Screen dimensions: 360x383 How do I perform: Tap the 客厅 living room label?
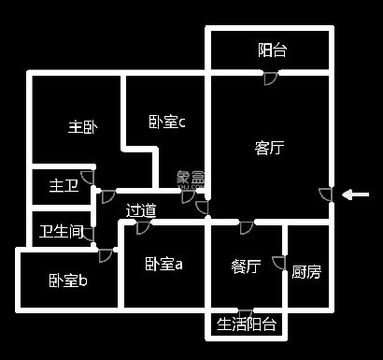click(269, 147)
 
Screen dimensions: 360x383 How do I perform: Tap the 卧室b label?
click(68, 281)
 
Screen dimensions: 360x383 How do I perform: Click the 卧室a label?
click(163, 265)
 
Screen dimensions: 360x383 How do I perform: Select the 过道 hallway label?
click(141, 210)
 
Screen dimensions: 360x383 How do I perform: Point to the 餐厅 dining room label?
click(246, 266)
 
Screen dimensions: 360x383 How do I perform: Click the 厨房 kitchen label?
click(306, 272)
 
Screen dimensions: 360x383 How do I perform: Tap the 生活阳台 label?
click(247, 324)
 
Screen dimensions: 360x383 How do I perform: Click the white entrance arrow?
click(355, 194)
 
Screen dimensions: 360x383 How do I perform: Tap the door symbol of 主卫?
click(87, 177)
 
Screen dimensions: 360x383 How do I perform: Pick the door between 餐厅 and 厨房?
click(277, 263)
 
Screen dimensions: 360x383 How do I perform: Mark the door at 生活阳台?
click(245, 311)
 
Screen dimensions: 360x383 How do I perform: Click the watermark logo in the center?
click(191, 178)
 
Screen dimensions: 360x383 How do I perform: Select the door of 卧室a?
click(142, 227)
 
